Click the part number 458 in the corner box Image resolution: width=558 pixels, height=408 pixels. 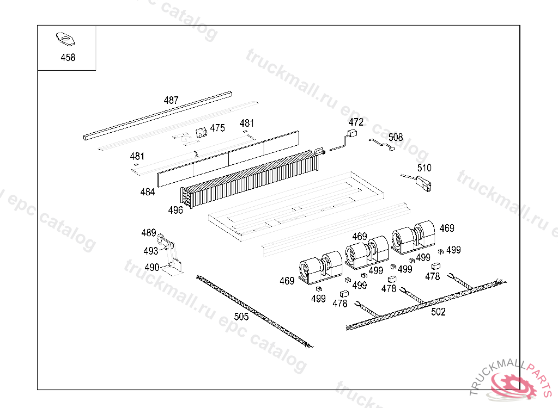68,57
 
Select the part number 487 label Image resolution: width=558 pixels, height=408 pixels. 171,100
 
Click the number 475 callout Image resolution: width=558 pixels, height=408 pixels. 217,128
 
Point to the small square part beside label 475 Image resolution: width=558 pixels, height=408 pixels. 201,132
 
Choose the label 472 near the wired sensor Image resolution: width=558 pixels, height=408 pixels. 356,122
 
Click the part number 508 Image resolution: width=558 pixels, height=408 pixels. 396,137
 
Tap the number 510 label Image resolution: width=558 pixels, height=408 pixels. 424,168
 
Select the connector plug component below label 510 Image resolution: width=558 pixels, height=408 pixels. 424,184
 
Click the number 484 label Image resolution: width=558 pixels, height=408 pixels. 147,192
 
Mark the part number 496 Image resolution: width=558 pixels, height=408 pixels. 175,210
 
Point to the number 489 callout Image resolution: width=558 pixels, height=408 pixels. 148,233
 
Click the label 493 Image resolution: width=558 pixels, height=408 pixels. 151,251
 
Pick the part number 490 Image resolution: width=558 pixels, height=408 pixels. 152,267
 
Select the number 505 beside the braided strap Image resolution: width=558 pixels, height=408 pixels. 241,317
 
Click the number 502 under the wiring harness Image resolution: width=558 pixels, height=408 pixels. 438,312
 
